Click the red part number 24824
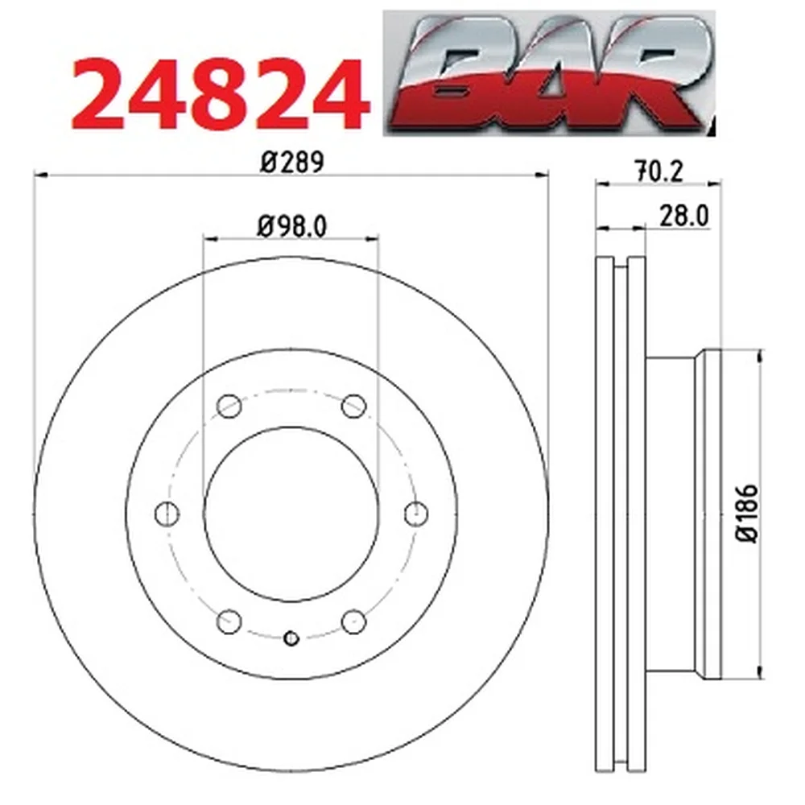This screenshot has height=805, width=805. (x=221, y=95)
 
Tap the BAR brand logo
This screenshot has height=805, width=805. (x=549, y=72)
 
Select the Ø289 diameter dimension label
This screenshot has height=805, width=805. (x=292, y=163)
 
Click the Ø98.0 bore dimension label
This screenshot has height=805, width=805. (x=291, y=226)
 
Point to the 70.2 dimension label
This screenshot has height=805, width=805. (x=660, y=171)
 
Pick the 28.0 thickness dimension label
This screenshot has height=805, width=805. (x=683, y=216)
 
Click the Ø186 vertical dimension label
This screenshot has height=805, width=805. (x=748, y=513)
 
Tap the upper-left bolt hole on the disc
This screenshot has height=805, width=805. (x=229, y=406)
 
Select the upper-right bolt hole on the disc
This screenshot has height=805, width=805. (x=354, y=406)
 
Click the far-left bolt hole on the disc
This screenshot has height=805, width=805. (x=167, y=514)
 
